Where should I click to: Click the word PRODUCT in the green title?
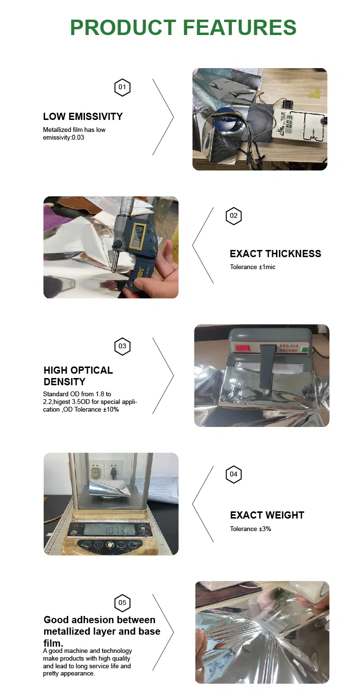123,27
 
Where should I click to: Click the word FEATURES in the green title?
240,27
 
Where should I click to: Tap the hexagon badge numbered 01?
122,87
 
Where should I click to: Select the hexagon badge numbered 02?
233,215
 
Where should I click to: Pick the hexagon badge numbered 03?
122,346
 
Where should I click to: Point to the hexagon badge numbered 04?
233,474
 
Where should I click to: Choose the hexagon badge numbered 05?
122,603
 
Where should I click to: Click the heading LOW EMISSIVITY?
83,117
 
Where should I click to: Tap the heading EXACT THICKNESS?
275,254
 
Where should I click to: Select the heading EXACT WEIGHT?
267,515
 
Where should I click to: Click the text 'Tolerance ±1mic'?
252,267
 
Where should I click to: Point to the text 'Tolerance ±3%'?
250,529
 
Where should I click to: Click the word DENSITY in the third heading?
64,382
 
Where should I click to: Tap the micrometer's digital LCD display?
139,234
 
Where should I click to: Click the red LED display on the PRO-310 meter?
242,348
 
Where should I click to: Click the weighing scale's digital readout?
111,531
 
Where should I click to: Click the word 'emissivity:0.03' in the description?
63,137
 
